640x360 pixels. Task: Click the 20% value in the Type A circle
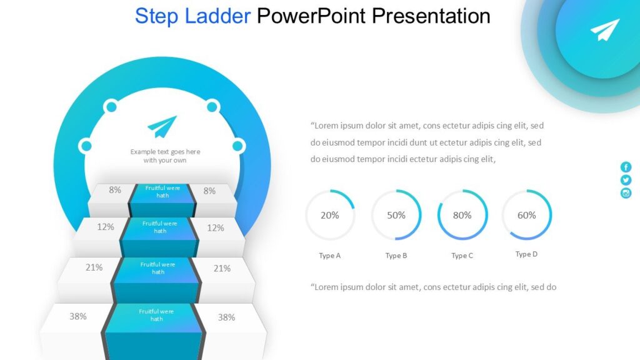tap(330, 215)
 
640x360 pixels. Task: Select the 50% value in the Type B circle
tap(396, 215)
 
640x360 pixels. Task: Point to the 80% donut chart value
tap(462, 215)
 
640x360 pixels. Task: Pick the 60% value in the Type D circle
tap(527, 215)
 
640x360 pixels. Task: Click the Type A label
tap(330, 256)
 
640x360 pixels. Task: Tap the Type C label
tap(462, 256)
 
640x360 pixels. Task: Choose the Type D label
tap(526, 254)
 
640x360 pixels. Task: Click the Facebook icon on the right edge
tap(626, 167)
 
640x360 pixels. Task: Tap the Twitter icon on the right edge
tap(626, 180)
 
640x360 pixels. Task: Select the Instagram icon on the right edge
tap(626, 193)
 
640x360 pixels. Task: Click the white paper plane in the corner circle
tap(604, 30)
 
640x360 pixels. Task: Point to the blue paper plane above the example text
tap(162, 126)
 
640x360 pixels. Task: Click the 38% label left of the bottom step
tap(78, 316)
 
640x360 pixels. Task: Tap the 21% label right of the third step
tap(222, 268)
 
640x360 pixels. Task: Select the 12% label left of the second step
tap(106, 227)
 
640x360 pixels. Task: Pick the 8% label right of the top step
tap(209, 191)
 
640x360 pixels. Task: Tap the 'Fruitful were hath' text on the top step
tap(162, 191)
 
